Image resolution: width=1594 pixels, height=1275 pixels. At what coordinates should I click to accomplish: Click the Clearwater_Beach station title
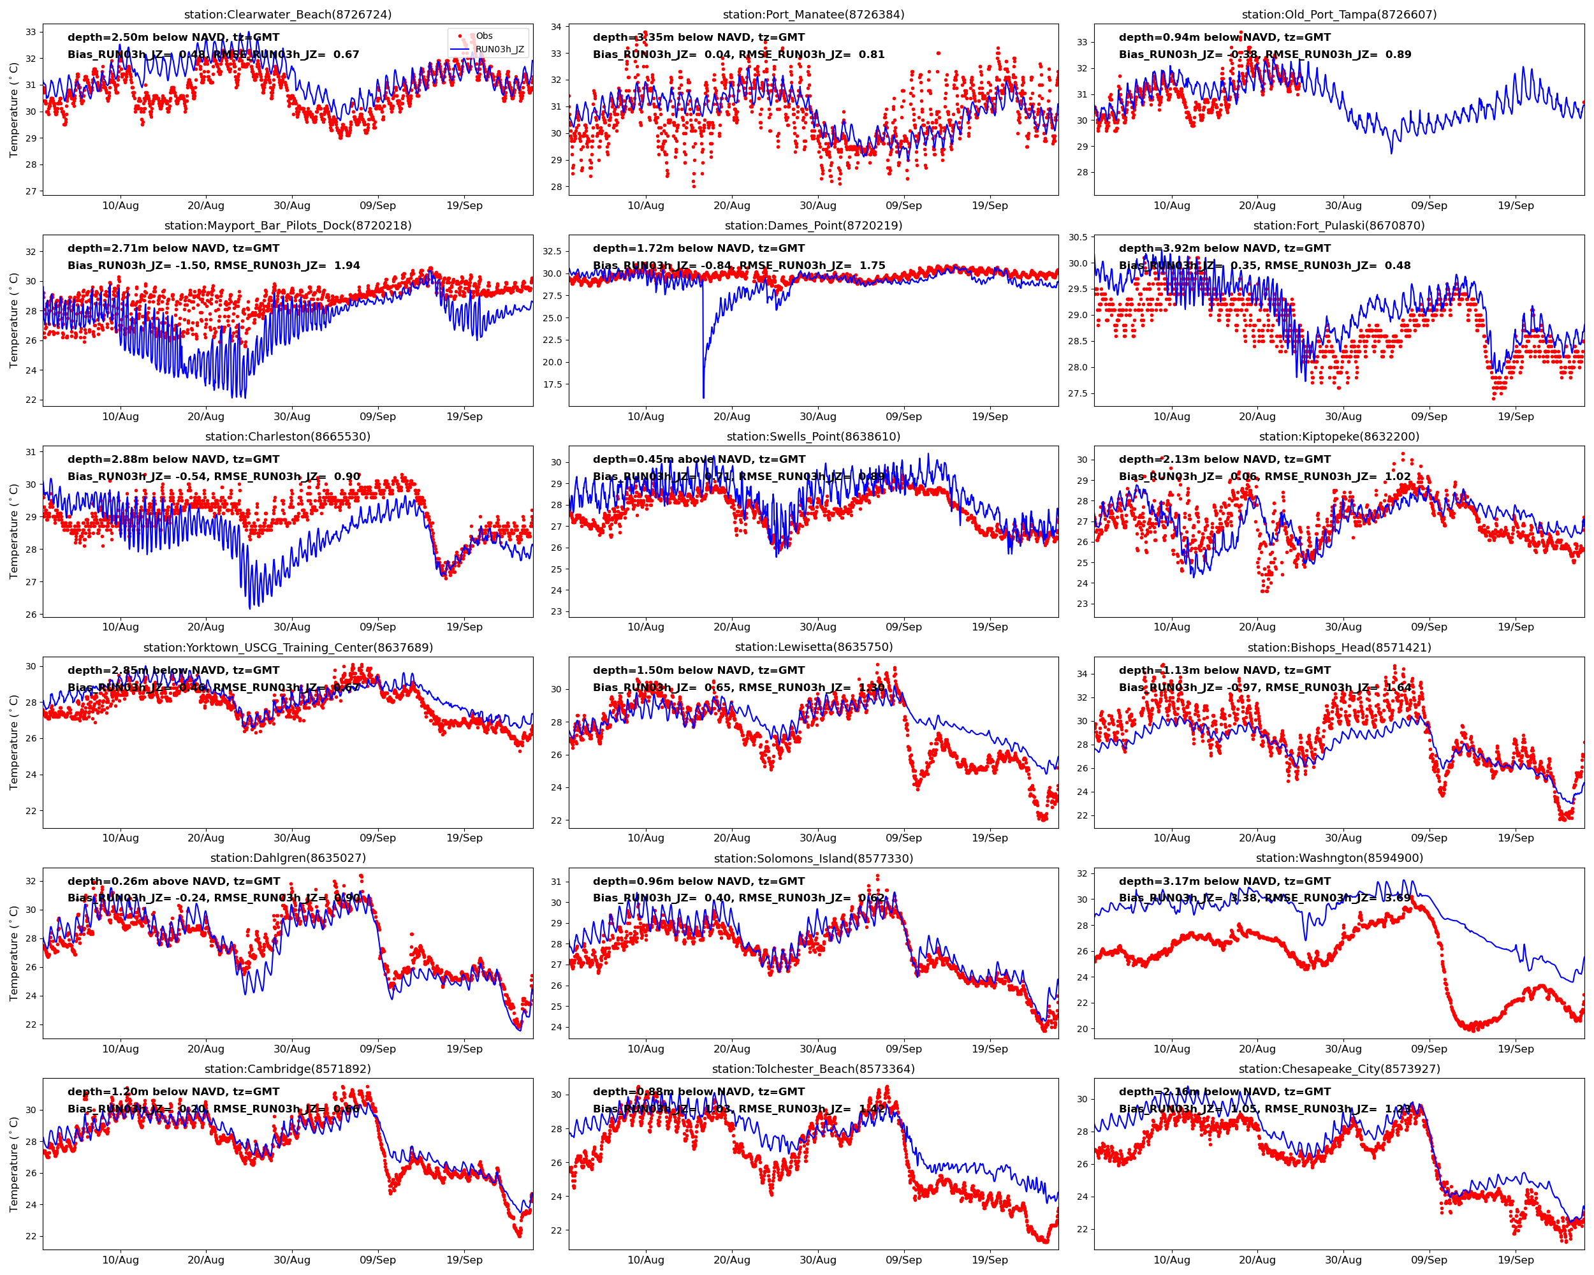coord(288,15)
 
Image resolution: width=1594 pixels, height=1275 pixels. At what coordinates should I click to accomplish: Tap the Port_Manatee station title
coord(814,15)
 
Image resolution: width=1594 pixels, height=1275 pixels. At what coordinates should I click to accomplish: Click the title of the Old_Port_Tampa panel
coord(1339,15)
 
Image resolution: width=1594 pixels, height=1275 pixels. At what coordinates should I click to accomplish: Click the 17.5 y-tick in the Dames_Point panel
coord(552,384)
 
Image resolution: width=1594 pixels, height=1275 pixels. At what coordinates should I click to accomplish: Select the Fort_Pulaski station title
coord(1339,226)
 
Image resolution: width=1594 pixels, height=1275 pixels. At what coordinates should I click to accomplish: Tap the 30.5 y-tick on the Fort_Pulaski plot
coord(1077,237)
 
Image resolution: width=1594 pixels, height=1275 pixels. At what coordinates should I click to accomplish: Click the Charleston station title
coord(288,436)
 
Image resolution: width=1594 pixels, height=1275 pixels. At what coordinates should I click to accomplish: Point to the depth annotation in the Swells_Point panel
coord(699,459)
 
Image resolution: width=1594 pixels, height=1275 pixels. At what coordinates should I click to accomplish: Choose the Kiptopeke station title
coord(1339,436)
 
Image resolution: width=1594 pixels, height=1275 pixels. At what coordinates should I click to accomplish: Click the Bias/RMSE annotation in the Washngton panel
coord(1264,898)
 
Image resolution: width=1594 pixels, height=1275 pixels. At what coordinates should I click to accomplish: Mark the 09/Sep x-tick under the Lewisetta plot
coord(903,838)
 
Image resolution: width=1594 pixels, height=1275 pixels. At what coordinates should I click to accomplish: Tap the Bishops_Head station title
coord(1339,648)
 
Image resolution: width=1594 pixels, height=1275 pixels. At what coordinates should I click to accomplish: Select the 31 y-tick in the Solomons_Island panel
coord(556,882)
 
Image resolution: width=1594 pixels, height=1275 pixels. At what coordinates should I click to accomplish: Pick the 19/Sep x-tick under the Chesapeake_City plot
coord(1516,1260)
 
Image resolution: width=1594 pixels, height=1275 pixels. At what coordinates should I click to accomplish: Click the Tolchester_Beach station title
coord(814,1069)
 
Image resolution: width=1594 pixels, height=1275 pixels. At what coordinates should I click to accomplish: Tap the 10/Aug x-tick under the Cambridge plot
coord(120,1260)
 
